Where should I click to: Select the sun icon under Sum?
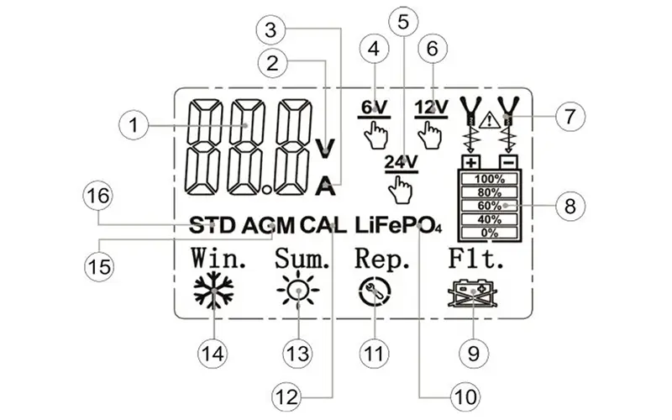tap(298, 291)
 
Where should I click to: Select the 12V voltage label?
tap(432, 108)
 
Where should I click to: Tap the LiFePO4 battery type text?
tap(397, 226)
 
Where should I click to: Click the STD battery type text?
tap(213, 226)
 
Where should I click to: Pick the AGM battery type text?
tap(270, 226)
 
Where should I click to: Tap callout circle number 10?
tap(465, 393)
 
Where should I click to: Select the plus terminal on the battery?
tap(470, 160)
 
